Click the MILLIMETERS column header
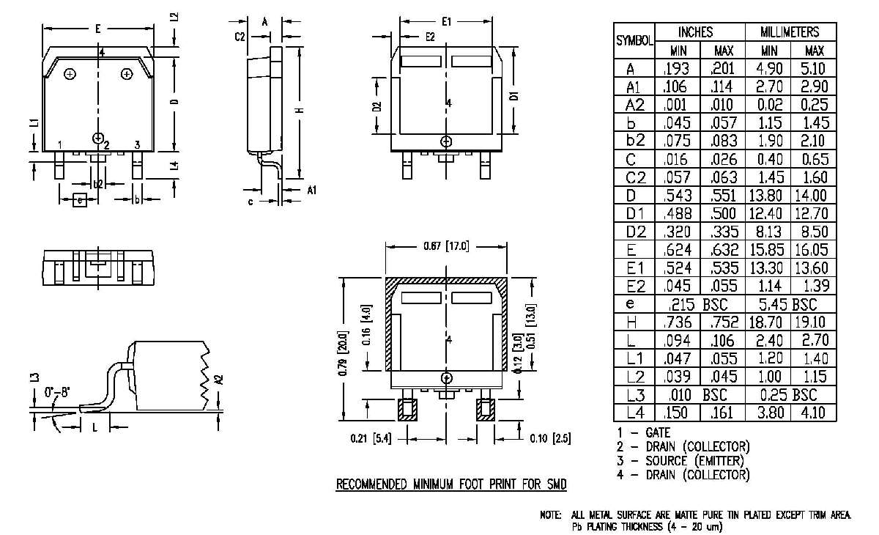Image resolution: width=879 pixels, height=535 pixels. click(x=789, y=32)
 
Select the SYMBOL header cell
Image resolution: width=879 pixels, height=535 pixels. click(x=634, y=42)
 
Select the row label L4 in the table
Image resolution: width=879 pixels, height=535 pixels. click(x=634, y=413)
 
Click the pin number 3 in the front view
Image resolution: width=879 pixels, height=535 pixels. click(x=137, y=144)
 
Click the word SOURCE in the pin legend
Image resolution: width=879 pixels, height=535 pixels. click(x=666, y=461)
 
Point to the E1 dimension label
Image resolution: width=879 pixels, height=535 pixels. click(x=446, y=22)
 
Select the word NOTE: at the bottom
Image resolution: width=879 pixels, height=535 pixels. click(x=550, y=516)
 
